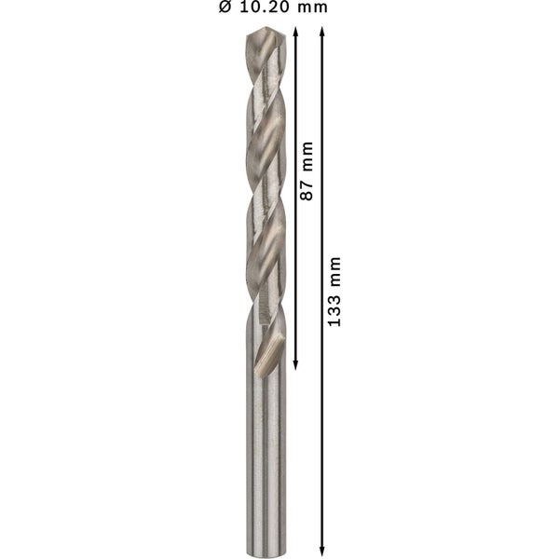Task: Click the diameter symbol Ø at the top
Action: click(225, 7)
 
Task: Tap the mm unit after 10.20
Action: click(311, 7)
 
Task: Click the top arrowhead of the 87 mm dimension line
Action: click(295, 32)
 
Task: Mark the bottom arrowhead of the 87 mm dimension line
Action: click(295, 364)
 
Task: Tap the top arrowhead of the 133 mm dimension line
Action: click(322, 32)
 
